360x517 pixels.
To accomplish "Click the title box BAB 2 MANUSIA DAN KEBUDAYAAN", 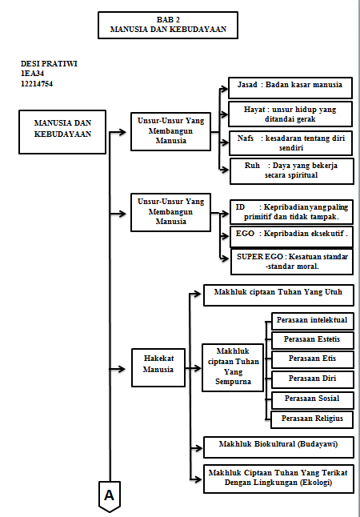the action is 168,25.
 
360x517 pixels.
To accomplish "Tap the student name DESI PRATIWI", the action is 49,64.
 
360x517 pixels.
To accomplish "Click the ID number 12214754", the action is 37,84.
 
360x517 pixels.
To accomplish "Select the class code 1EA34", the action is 32,74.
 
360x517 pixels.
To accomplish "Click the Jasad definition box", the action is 290,88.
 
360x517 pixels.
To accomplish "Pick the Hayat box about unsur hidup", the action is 290,114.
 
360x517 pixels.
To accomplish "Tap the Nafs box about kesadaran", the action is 290,143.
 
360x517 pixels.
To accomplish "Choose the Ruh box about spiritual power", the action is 292,171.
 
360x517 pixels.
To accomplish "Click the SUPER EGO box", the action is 292,263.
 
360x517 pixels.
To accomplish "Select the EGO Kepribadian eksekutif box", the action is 291,236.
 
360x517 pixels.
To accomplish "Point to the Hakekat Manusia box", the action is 158,367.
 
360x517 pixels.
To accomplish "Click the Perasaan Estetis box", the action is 313,340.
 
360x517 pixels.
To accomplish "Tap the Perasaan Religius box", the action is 312,419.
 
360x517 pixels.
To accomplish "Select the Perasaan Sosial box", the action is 313,399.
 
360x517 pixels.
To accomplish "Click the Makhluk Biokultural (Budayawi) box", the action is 278,447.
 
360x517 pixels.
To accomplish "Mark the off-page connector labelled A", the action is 109,496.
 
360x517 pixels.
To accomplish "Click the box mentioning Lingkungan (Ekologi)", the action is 278,479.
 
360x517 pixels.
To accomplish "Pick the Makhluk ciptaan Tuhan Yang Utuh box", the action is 278,295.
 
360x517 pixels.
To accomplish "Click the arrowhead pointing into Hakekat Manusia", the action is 122,369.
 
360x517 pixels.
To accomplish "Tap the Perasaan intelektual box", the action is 313,321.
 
